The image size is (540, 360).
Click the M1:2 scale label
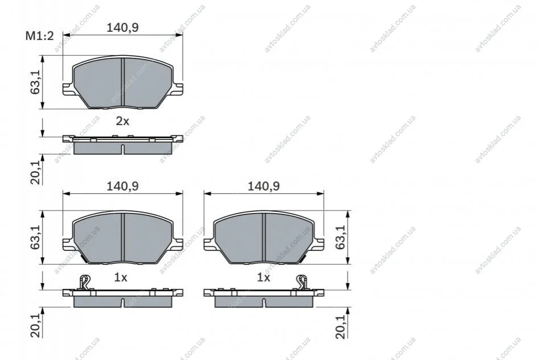coord(40,35)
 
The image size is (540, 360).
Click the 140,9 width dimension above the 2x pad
coord(122,27)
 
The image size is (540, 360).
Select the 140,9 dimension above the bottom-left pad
coord(122,186)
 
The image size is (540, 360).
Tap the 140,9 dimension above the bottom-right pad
coord(264,186)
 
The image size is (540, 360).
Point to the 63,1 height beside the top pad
coord(35,82)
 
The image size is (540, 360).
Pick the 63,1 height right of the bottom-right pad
coord(340,237)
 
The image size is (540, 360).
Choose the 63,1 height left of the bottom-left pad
coord(35,237)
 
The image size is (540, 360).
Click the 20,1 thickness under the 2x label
coord(35,172)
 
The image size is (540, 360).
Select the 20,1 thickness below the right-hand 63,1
coord(340,326)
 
